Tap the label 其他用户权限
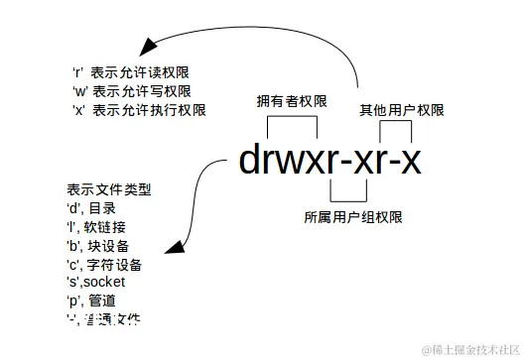[x=401, y=110]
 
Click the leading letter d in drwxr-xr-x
[x=251, y=160]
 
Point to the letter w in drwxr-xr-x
[x=296, y=160]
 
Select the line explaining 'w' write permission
[x=132, y=91]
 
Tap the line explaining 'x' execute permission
[x=138, y=110]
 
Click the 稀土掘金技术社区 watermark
[x=470, y=350]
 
